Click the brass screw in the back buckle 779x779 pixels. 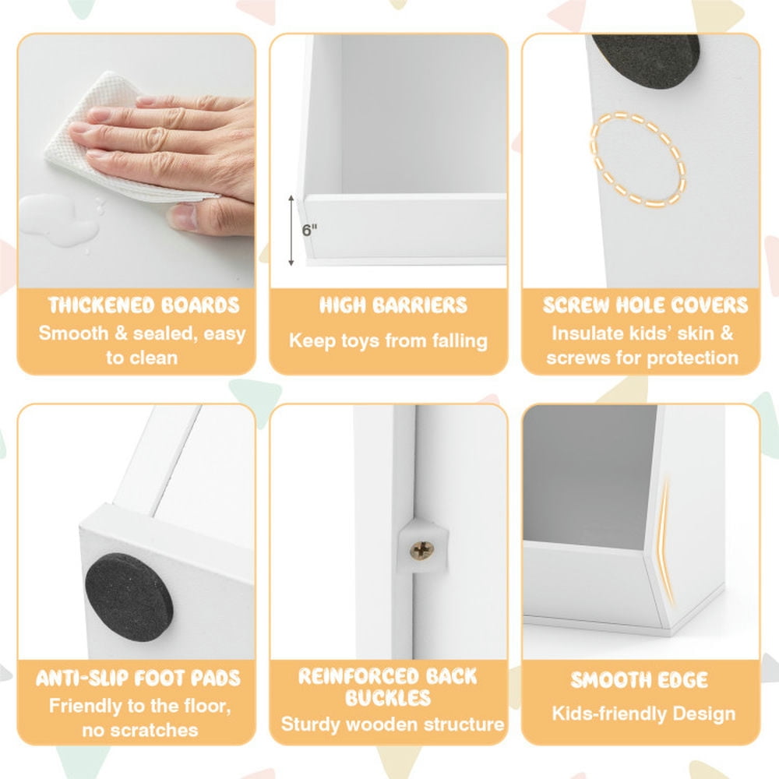421,550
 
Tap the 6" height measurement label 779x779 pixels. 309,230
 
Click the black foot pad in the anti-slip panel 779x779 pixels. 129,597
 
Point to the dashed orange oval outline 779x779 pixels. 637,159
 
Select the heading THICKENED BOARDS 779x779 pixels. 143,305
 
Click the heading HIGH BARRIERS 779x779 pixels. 393,305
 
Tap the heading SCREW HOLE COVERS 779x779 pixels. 645,305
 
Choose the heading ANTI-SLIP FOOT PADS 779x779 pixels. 138,679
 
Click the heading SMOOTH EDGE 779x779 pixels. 639,679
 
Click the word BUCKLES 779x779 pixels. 388,698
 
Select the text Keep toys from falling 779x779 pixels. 388,341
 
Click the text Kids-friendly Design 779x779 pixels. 644,714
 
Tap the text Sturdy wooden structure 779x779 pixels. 393,724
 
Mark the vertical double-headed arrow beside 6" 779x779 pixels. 291,231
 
